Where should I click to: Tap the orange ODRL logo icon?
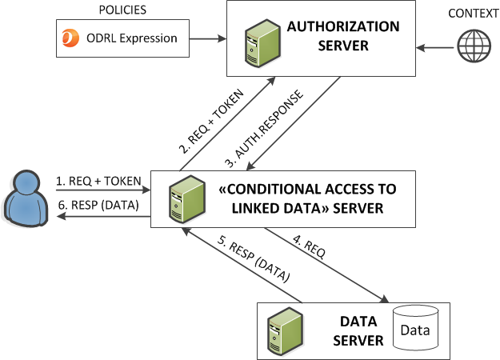click(70, 38)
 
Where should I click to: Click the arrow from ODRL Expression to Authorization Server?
click(210, 38)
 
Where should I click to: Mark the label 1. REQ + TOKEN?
click(96, 182)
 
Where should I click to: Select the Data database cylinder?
click(414, 330)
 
